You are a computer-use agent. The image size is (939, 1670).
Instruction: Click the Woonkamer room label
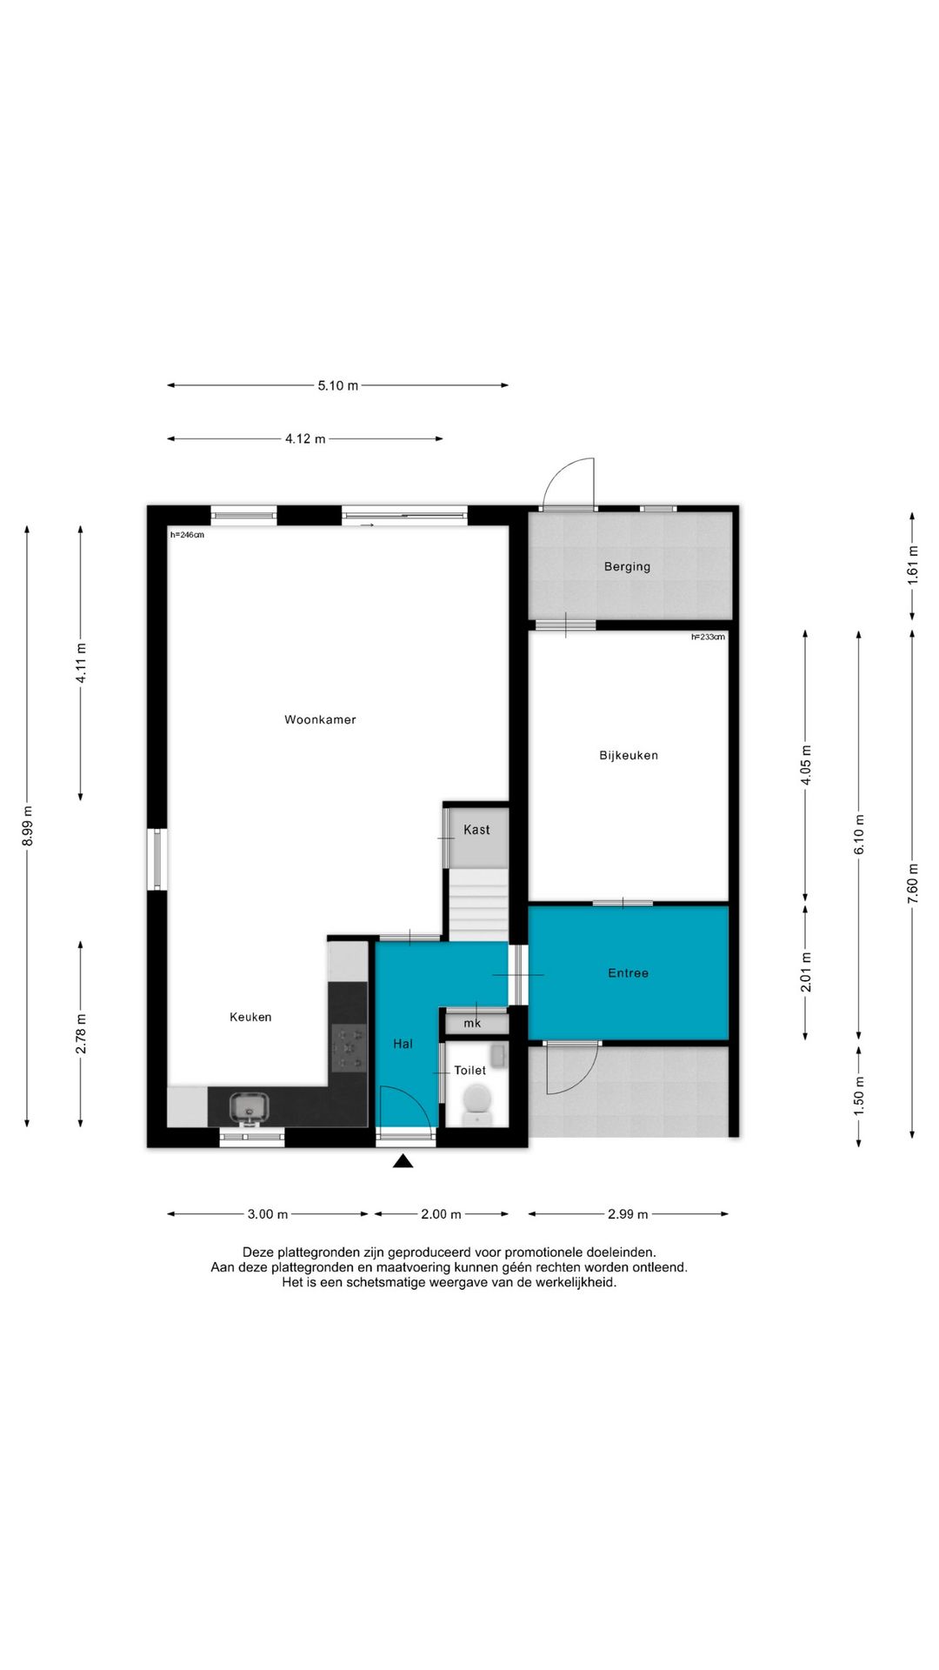pyautogui.click(x=320, y=719)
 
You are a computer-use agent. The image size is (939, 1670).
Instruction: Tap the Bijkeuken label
pyautogui.click(x=629, y=755)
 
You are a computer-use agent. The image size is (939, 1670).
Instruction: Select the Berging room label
pyautogui.click(x=627, y=566)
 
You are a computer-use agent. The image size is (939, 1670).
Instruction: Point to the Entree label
pyautogui.click(x=628, y=972)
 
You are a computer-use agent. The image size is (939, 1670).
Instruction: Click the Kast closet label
pyautogui.click(x=476, y=830)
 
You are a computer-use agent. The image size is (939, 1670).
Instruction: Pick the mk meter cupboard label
pyautogui.click(x=472, y=1023)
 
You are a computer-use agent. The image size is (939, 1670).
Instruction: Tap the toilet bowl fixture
pyautogui.click(x=477, y=1101)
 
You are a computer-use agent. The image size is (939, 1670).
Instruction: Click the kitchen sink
pyautogui.click(x=249, y=1107)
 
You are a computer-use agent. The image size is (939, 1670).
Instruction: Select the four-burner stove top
pyautogui.click(x=350, y=1048)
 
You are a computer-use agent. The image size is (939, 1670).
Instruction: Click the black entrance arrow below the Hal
pyautogui.click(x=403, y=1160)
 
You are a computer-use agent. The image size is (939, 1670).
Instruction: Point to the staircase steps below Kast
pyautogui.click(x=477, y=904)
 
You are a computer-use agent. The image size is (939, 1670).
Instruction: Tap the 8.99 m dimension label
pyautogui.click(x=27, y=825)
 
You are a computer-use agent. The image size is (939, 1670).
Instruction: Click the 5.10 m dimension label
pyautogui.click(x=337, y=385)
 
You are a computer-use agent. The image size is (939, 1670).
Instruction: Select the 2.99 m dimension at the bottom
pyautogui.click(x=628, y=1214)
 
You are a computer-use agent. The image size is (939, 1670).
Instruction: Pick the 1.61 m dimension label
pyautogui.click(x=912, y=564)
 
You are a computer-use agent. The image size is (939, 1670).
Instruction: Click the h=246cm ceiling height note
pyautogui.click(x=187, y=535)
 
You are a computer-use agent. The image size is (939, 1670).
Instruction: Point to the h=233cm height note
pyautogui.click(x=708, y=637)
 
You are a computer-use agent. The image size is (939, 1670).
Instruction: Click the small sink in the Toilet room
pyautogui.click(x=498, y=1056)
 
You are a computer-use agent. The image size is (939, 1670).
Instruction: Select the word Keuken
pyautogui.click(x=250, y=1017)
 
